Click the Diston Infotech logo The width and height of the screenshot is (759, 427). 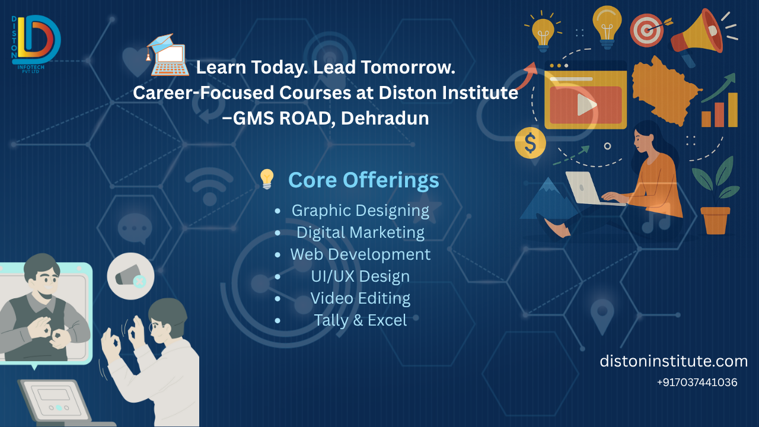pyautogui.click(x=36, y=44)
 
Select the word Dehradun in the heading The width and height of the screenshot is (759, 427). pyautogui.click(x=385, y=118)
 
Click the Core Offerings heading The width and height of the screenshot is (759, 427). pyautogui.click(x=363, y=180)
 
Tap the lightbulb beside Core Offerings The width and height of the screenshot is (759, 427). pyautogui.click(x=267, y=179)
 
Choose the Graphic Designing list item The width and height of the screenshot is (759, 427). pyautogui.click(x=360, y=211)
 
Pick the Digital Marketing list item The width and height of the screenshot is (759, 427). pyautogui.click(x=360, y=232)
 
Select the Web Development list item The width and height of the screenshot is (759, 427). pyautogui.click(x=360, y=254)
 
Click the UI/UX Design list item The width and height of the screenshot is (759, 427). pyautogui.click(x=360, y=276)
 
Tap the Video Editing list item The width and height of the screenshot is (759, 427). pyautogui.click(x=360, y=298)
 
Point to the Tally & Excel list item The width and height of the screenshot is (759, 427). pyautogui.click(x=360, y=320)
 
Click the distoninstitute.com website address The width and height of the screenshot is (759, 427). pyautogui.click(x=674, y=361)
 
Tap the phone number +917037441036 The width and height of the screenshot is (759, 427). pyautogui.click(x=697, y=383)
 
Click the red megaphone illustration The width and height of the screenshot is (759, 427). pyautogui.click(x=698, y=36)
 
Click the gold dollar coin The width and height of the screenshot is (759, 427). pyautogui.click(x=530, y=143)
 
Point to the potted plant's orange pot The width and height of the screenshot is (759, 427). pyautogui.click(x=715, y=221)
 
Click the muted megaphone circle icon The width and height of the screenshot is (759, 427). pyautogui.click(x=131, y=276)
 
